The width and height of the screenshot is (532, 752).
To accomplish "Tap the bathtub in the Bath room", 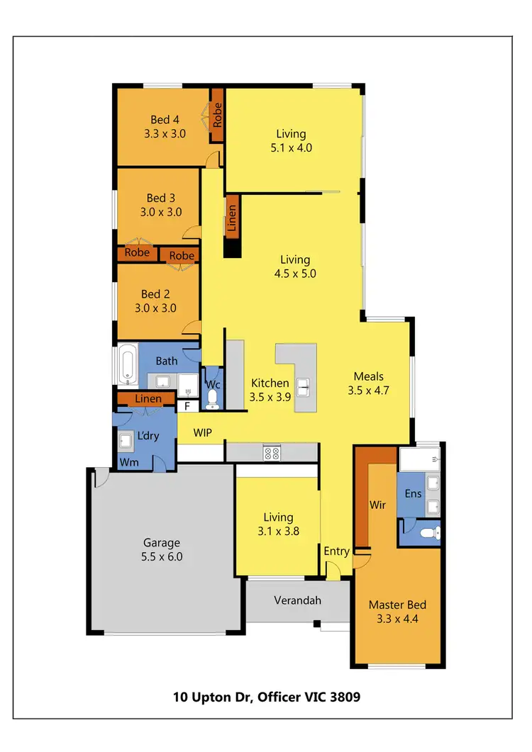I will pos(128,364).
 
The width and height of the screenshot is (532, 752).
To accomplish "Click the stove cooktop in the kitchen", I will pos(272,452).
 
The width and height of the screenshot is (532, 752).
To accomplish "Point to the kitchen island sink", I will pos(303,386).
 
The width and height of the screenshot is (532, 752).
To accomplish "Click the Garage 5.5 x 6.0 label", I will pos(161,550).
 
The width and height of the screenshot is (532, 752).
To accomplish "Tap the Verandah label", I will pos(298,600).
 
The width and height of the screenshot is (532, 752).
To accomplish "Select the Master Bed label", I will pos(397,612).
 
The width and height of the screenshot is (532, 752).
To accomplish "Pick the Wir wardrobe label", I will pos(377,506).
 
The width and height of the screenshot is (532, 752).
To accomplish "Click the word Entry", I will pos(336,551).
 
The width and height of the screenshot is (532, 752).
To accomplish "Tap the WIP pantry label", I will pos(203,432).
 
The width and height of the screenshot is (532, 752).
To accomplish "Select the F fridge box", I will pos(187,406).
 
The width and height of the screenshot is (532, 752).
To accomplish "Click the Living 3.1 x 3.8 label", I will pos(276,524).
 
